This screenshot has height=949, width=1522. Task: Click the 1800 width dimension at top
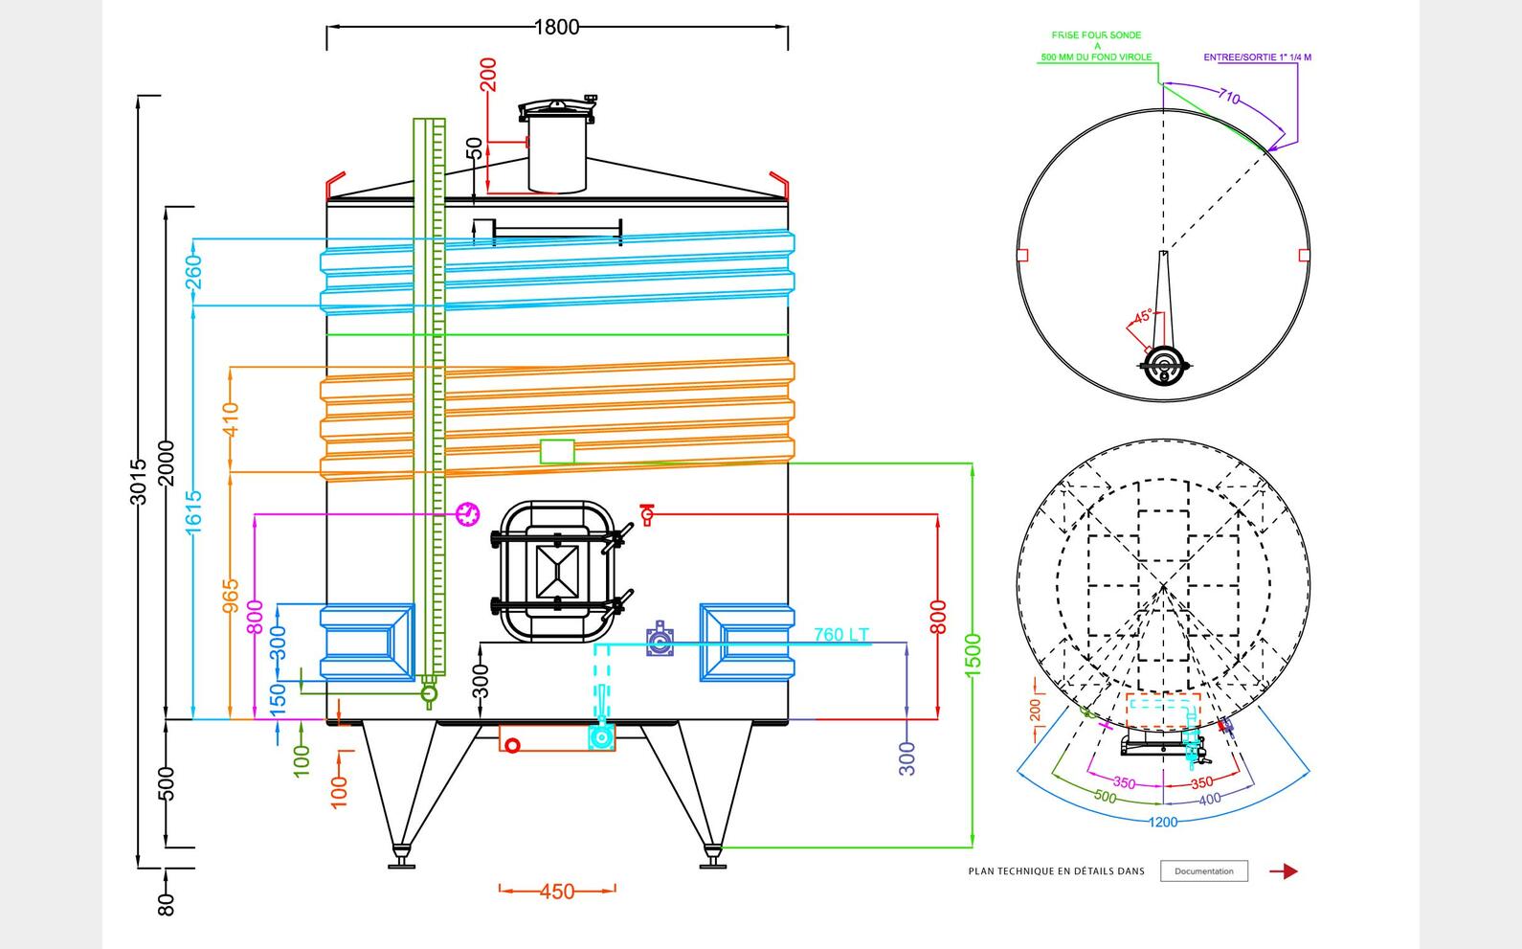[556, 27]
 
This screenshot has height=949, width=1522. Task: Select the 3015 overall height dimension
[138, 481]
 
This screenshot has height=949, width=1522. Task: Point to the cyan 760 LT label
[841, 634]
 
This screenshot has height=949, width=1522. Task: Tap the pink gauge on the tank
[468, 514]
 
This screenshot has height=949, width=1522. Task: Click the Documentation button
[1203, 871]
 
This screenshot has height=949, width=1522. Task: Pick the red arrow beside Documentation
[1284, 871]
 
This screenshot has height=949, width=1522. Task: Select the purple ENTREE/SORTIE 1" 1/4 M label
[1257, 57]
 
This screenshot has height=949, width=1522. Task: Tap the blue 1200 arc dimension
[1163, 822]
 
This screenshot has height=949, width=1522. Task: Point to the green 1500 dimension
[973, 654]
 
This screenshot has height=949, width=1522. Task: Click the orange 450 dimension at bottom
[556, 892]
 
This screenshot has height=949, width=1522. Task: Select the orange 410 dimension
[231, 418]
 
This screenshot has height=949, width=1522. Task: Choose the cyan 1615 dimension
[193, 511]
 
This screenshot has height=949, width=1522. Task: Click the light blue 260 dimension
[193, 272]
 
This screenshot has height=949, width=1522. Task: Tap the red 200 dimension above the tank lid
[488, 75]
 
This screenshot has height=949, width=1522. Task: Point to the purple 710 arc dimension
[1229, 97]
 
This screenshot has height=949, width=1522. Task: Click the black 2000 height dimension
[167, 463]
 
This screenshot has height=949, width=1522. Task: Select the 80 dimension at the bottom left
[167, 903]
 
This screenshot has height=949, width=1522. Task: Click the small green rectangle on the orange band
[557, 451]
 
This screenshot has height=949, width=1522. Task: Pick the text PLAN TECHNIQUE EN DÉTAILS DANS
[1056, 871]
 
